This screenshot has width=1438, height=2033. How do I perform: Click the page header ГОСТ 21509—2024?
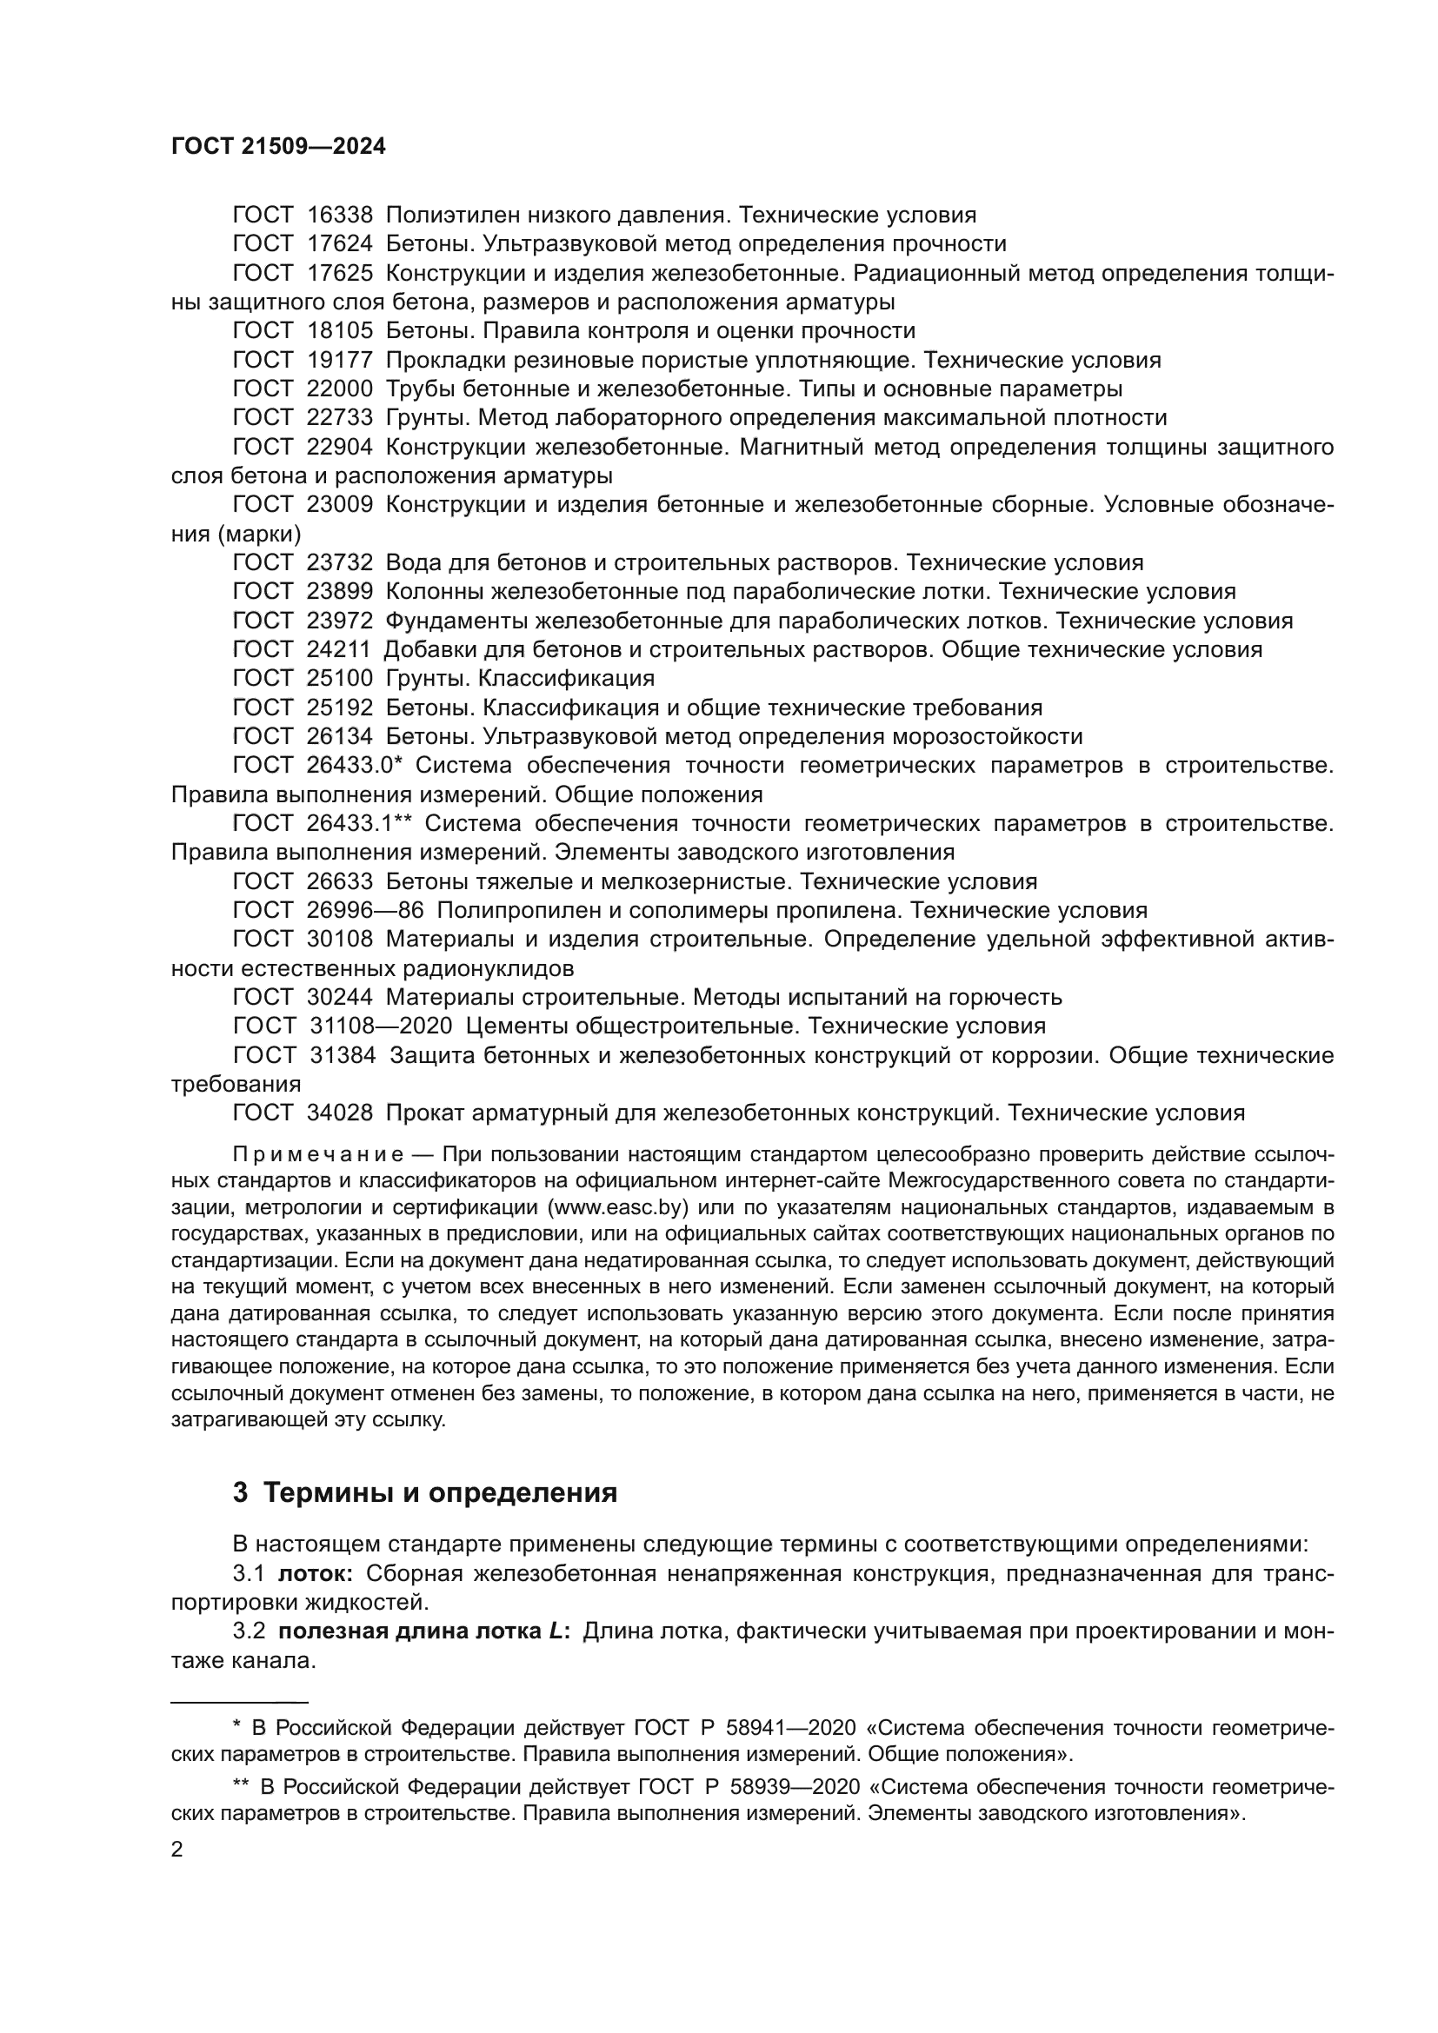(x=278, y=147)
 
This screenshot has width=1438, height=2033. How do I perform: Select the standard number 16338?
(x=341, y=216)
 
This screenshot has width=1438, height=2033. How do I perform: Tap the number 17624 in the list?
(x=341, y=244)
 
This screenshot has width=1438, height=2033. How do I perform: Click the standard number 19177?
(x=341, y=361)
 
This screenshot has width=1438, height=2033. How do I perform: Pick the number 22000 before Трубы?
(x=341, y=389)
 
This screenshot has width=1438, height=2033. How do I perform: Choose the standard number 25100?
(x=341, y=678)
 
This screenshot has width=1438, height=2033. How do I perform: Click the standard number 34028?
(x=341, y=1113)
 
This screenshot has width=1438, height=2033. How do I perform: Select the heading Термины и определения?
(x=441, y=1493)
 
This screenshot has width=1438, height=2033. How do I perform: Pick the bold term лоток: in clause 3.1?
(x=316, y=1573)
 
